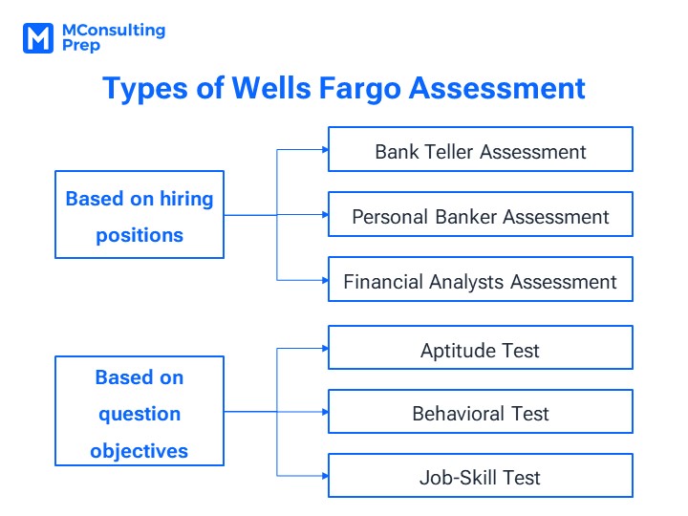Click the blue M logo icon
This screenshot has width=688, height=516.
tap(38, 38)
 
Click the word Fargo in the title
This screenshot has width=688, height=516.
tap(360, 89)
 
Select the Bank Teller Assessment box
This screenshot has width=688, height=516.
tap(481, 149)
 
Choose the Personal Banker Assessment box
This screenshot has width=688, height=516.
tap(481, 214)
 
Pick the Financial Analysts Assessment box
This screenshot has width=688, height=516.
tap(481, 279)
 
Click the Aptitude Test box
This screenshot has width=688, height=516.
tap(481, 348)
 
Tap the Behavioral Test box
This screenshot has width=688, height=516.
tap(481, 412)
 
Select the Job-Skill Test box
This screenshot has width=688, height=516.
tap(481, 476)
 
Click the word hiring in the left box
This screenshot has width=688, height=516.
tap(186, 200)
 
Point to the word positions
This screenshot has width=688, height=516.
tap(140, 236)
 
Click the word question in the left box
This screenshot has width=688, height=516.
tap(140, 415)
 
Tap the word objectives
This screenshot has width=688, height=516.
tap(140, 451)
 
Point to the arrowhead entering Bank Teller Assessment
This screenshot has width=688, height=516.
tap(325, 150)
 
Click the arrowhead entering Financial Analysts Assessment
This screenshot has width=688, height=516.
tap(325, 280)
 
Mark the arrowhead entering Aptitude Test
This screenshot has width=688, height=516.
tap(325, 349)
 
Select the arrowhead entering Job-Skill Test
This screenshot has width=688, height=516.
tap(325, 476)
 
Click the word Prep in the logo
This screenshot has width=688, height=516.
tap(81, 46)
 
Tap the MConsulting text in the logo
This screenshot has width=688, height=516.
tap(114, 31)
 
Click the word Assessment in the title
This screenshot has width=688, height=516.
tap(497, 88)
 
